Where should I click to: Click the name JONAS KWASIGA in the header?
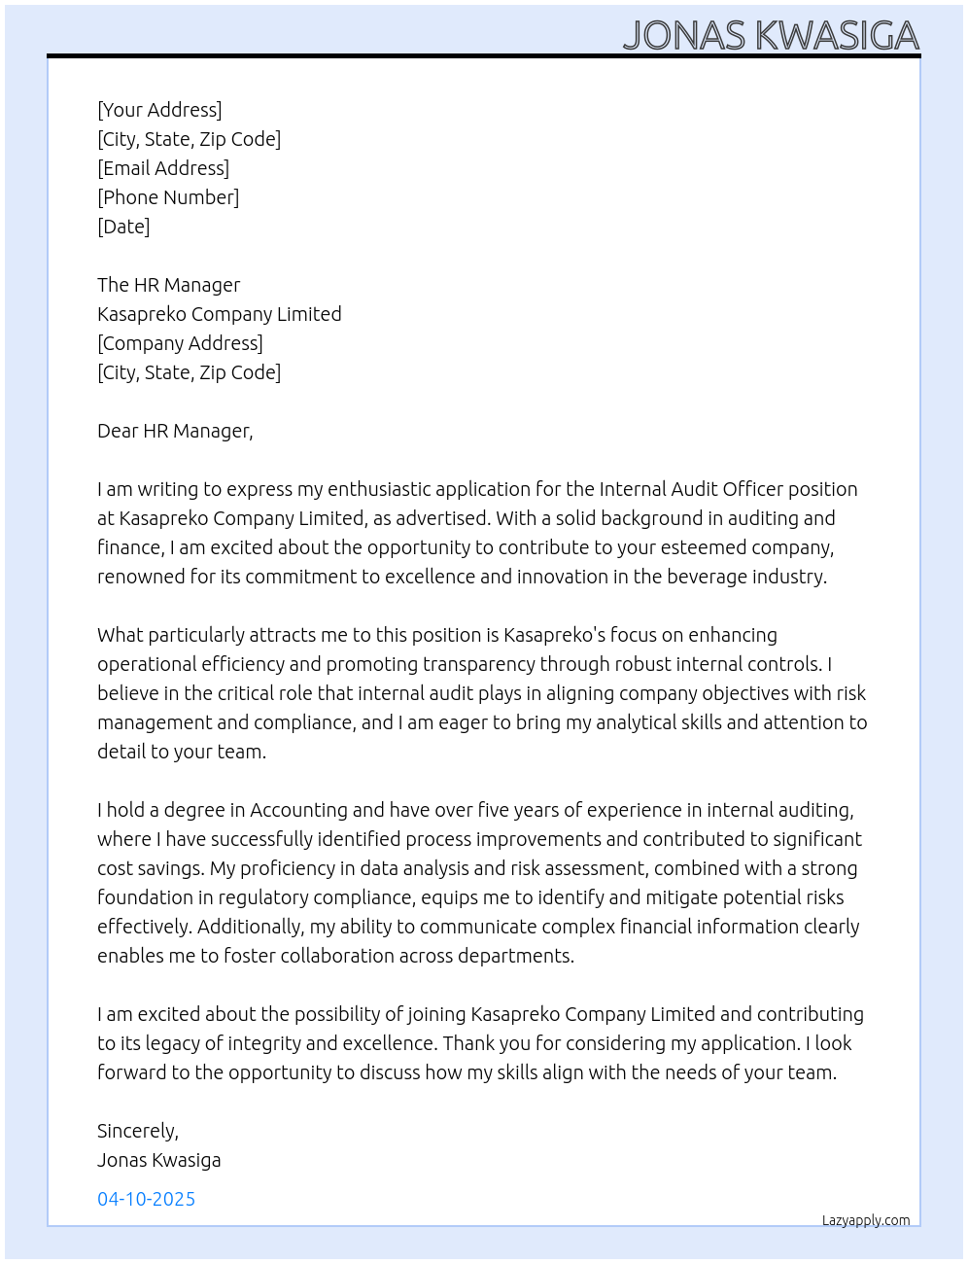(x=771, y=35)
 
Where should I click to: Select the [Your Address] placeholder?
(x=159, y=110)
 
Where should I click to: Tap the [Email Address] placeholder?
(x=163, y=168)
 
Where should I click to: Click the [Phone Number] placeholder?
(x=168, y=197)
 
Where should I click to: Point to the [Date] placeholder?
(x=123, y=227)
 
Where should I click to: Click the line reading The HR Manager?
(x=168, y=285)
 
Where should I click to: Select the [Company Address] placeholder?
(x=180, y=343)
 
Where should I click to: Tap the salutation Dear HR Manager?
(x=175, y=431)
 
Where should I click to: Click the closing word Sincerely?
(x=137, y=1131)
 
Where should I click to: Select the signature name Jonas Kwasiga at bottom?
(x=159, y=1160)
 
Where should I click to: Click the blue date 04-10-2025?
(x=146, y=1199)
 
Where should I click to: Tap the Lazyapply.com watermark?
(x=866, y=1220)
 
